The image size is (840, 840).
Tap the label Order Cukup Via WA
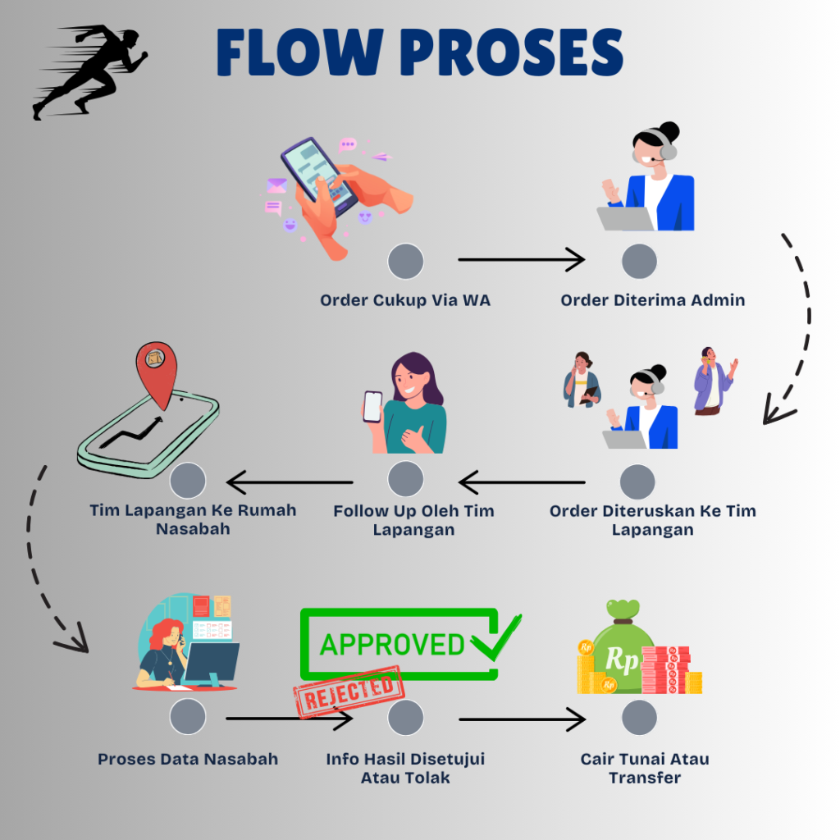[x=405, y=300]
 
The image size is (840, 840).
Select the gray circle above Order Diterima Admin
[x=639, y=262]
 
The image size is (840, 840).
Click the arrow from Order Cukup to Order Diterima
[x=521, y=260]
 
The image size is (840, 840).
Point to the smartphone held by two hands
[x=320, y=175]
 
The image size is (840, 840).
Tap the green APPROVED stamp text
[x=392, y=644]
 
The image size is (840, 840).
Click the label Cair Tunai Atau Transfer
[x=645, y=768]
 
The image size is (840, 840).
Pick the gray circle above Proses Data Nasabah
[x=188, y=717]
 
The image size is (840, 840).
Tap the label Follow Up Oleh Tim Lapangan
[x=413, y=520]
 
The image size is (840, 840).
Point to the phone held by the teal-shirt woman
[x=372, y=406]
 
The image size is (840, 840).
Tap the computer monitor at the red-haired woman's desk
[x=212, y=661]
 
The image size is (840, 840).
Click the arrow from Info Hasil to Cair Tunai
[x=522, y=719]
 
